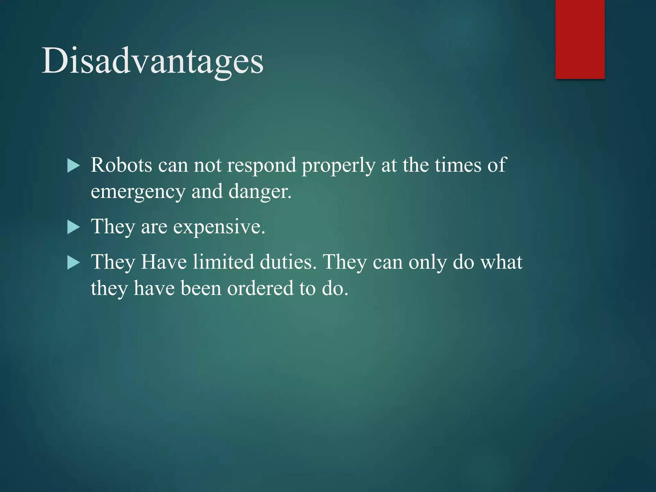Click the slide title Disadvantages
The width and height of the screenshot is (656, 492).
coord(152,61)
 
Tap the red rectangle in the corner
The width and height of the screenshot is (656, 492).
coord(580,39)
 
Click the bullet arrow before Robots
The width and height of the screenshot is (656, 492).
coord(73,166)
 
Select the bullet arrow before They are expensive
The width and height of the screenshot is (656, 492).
coord(73,228)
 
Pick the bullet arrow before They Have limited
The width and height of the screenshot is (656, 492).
coord(73,263)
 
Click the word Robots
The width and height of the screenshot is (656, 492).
coord(121,165)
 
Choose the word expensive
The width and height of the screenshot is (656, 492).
coord(219,227)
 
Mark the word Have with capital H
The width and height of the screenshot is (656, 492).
coord(164,262)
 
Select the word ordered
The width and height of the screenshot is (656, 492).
coord(260,288)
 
